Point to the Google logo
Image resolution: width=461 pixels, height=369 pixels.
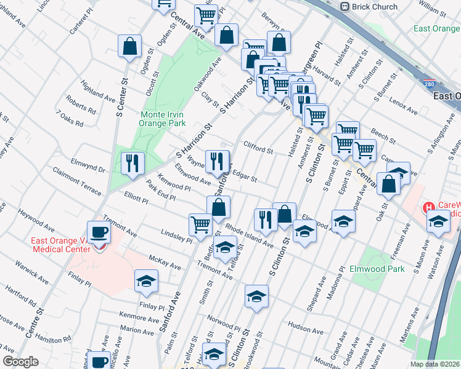[20, 362]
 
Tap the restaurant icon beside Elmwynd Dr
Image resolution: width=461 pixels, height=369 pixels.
[133, 163]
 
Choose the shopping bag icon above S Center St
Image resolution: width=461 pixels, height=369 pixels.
[130, 46]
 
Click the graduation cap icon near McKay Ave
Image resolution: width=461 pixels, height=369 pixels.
[145, 282]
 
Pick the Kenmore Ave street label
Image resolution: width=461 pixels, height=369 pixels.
[140, 318]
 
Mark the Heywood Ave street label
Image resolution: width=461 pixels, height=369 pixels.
[36, 220]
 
